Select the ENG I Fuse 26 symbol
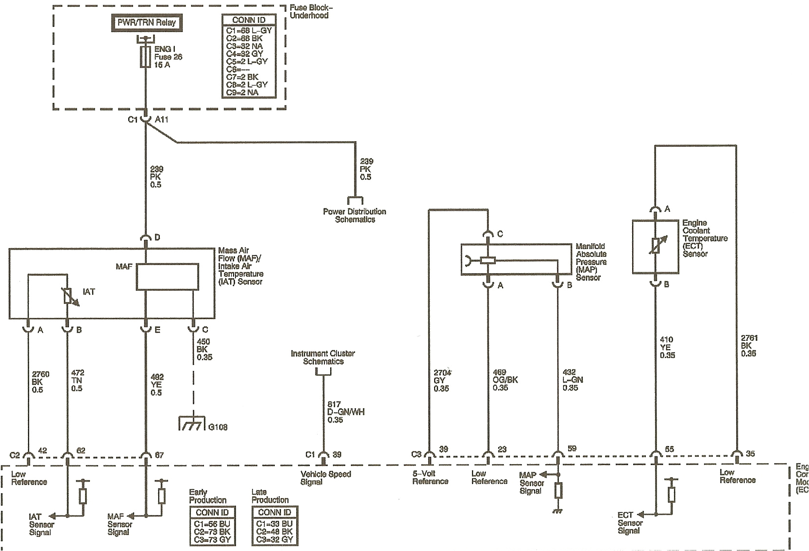tap(145, 57)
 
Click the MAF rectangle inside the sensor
tap(167, 277)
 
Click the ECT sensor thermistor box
tap(655, 246)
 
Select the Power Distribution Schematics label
tap(354, 215)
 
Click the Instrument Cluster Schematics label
tap(323, 357)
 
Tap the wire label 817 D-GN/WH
tap(345, 412)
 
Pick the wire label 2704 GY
tap(442, 381)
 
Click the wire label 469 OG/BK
tap(505, 380)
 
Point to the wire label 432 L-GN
tap(573, 380)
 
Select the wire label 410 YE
tap(667, 347)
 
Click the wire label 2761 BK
tap(749, 346)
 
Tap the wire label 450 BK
tap(204, 349)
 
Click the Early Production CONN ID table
tap(212, 526)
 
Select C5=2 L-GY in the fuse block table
tap(247, 62)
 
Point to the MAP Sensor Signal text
tap(531, 483)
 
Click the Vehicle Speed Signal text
tap(325, 478)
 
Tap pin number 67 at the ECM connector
tap(159, 455)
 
